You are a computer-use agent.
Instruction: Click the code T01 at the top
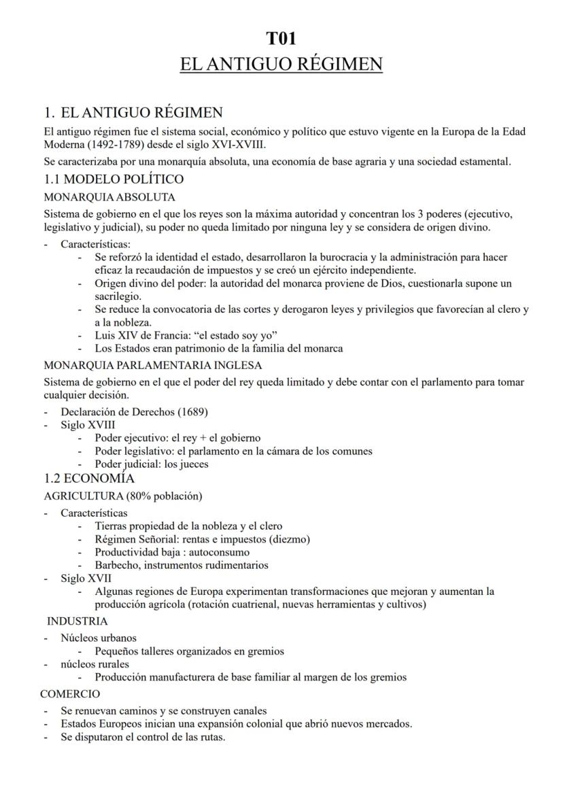pyautogui.click(x=281, y=38)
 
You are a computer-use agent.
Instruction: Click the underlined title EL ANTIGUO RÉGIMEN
pyautogui.click(x=281, y=65)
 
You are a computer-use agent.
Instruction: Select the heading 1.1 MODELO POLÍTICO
pyautogui.click(x=114, y=179)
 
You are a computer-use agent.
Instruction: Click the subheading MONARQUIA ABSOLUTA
pyautogui.click(x=109, y=197)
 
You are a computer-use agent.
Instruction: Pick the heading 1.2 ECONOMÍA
pyautogui.click(x=89, y=479)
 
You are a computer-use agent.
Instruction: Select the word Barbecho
pyautogui.click(x=116, y=565)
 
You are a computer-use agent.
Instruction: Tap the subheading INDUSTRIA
pyautogui.click(x=77, y=621)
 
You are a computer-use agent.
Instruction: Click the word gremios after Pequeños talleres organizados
pyautogui.click(x=264, y=651)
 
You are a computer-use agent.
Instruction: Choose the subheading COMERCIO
pyautogui.click(x=70, y=694)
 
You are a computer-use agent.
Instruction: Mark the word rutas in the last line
pyautogui.click(x=211, y=737)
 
